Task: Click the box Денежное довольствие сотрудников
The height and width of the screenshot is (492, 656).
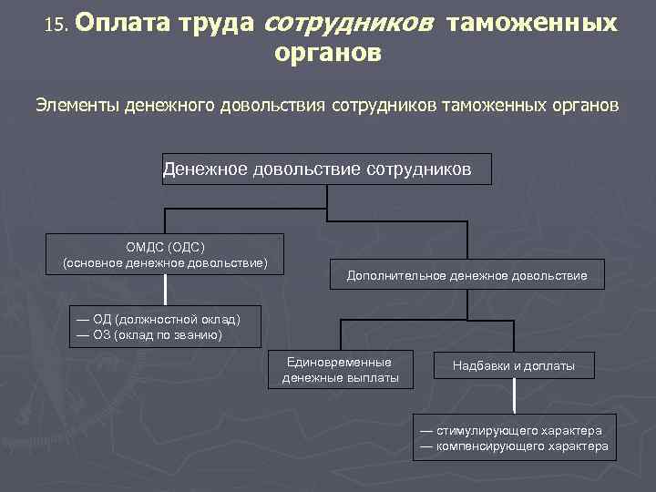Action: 326,169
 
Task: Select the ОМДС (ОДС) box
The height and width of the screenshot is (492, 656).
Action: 165,254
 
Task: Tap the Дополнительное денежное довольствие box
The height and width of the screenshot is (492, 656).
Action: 466,275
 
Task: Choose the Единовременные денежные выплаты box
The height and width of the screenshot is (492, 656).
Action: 341,369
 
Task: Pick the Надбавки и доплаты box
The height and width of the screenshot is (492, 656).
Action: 514,366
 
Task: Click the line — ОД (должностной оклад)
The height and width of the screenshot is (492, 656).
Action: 159,319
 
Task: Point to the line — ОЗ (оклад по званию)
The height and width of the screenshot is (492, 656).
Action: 149,334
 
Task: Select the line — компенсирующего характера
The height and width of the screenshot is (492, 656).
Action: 514,446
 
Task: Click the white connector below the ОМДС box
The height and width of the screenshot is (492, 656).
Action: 165,290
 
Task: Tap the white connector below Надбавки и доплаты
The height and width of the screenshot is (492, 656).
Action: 515,395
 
